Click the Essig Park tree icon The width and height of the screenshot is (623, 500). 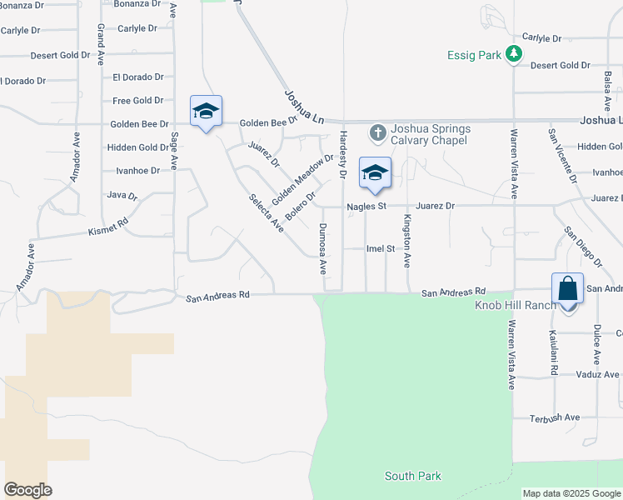click(515, 55)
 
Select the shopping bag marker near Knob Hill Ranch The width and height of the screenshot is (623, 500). click(567, 290)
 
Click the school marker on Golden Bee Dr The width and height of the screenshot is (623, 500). click(206, 112)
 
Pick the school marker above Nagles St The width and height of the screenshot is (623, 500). click(375, 173)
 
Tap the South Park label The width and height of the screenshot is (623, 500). click(412, 476)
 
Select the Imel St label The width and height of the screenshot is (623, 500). click(381, 248)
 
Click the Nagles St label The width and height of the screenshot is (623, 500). click(366, 205)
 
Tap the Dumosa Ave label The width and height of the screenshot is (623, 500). click(322, 248)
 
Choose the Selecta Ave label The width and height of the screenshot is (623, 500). click(267, 213)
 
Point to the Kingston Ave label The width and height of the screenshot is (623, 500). click(407, 242)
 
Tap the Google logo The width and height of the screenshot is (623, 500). click(27, 490)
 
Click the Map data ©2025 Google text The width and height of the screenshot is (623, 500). click(571, 493)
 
